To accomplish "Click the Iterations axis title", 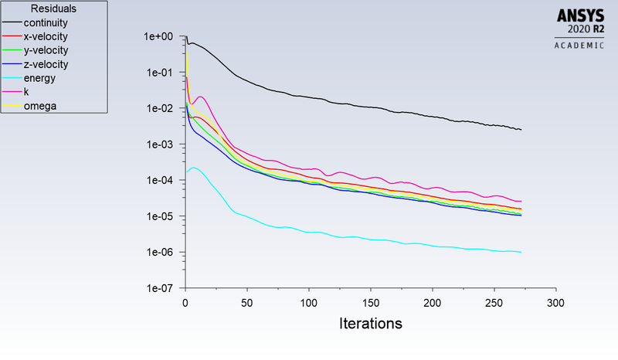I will (x=371, y=324).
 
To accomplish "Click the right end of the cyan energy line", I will (x=521, y=252).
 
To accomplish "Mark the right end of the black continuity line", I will (x=521, y=130).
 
